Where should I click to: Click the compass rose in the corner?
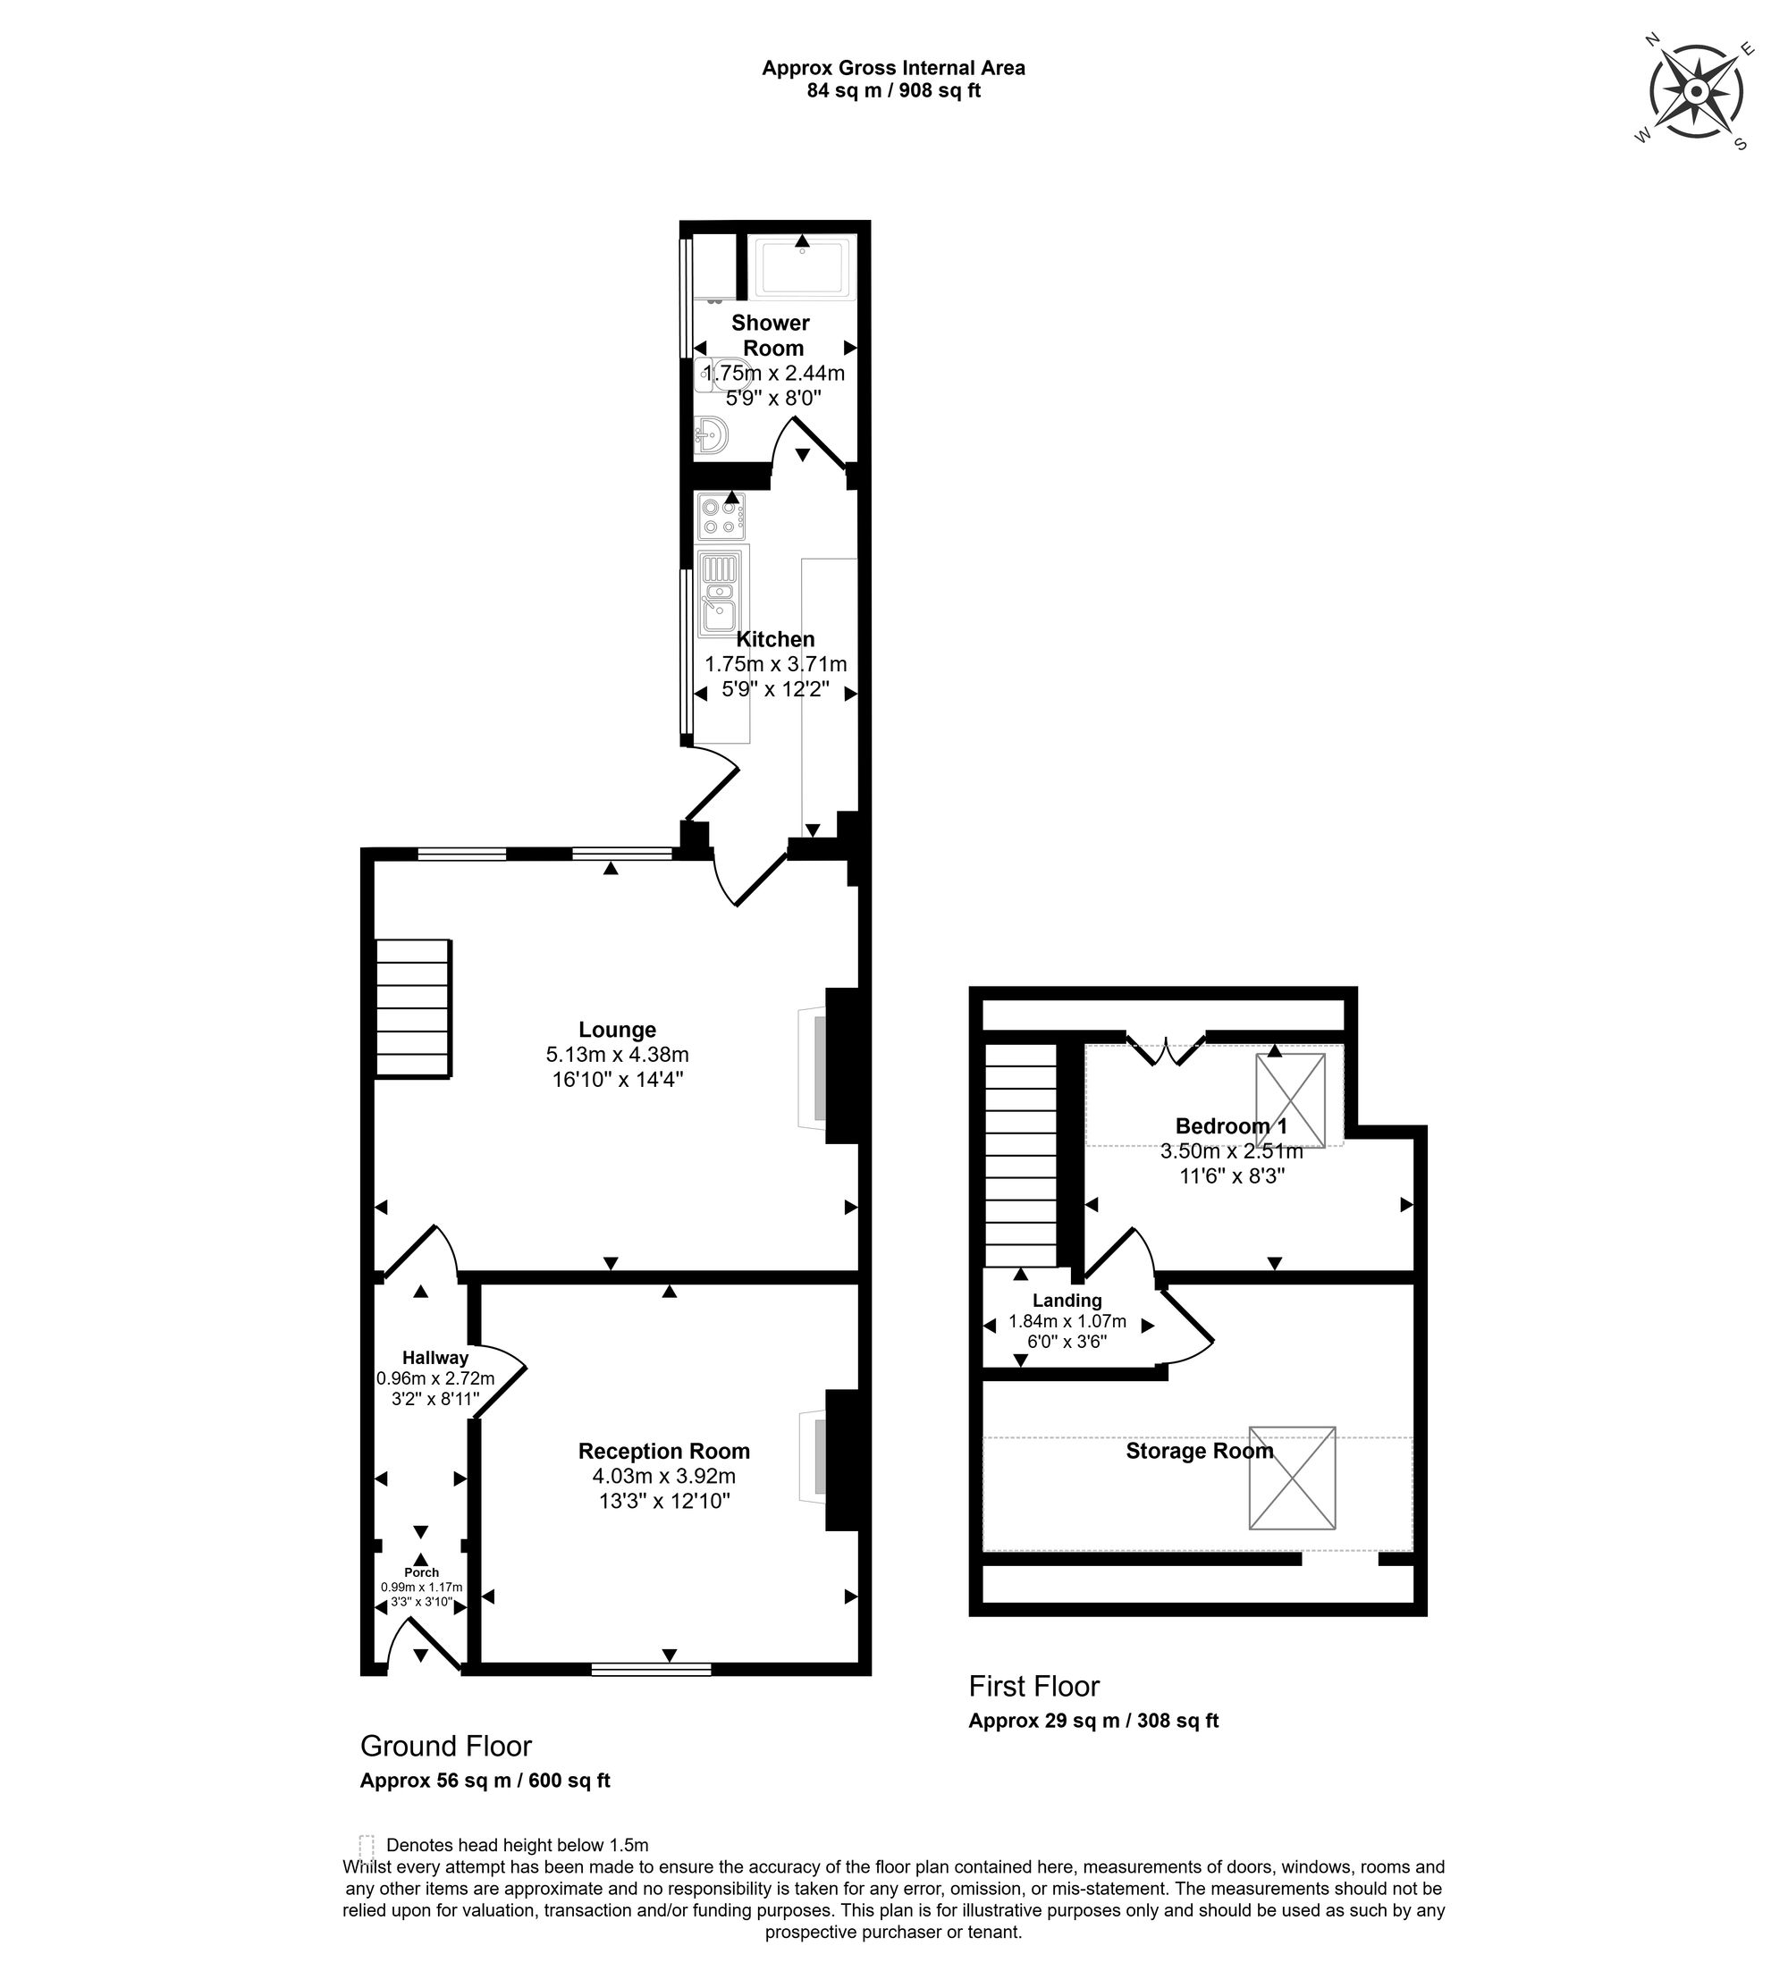[x=1695, y=91]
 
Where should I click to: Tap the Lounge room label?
[x=617, y=1030]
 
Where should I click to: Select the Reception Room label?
[x=663, y=1451]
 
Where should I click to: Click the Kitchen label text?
[x=775, y=639]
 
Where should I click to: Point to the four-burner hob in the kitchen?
[x=721, y=518]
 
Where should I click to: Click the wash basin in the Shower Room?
[x=711, y=434]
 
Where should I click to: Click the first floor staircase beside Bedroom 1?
[x=1021, y=1157]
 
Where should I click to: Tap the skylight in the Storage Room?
[x=1292, y=1478]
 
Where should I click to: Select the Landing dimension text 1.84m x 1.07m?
[x=1067, y=1322]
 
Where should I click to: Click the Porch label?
[x=421, y=1572]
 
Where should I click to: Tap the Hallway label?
[x=436, y=1357]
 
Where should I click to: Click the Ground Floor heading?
[x=446, y=1745]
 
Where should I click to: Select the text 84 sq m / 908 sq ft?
[x=893, y=91]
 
